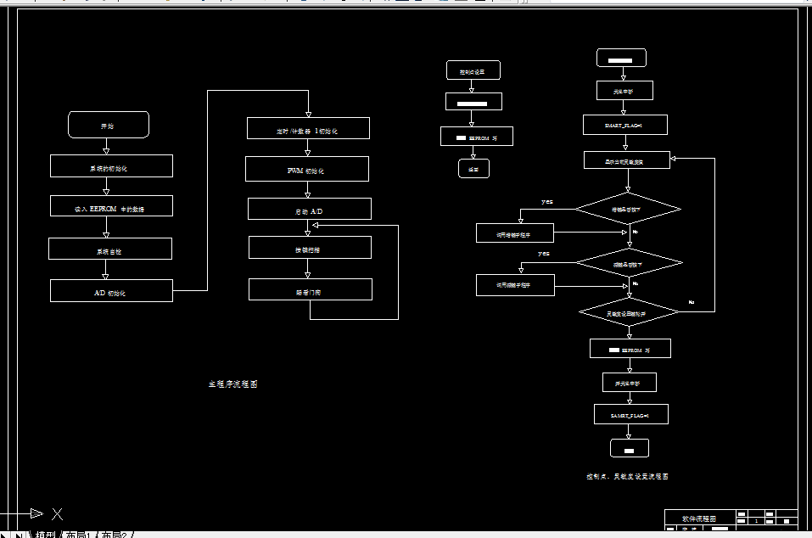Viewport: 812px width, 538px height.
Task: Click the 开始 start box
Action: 109,125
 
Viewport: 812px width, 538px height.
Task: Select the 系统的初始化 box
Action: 111,166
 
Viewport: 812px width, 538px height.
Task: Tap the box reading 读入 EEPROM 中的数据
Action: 111,206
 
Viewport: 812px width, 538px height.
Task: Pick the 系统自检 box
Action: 110,249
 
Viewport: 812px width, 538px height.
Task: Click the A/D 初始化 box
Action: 111,291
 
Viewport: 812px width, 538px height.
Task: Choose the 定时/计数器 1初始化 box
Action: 308,129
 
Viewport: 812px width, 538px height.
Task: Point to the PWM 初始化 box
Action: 307,170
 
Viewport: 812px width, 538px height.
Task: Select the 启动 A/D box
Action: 309,209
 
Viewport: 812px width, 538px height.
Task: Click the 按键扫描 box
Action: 310,248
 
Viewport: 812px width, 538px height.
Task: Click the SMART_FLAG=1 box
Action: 624,125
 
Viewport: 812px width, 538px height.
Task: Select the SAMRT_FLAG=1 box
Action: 630,414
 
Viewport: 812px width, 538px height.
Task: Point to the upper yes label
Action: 547,202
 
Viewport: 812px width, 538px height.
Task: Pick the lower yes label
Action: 544,253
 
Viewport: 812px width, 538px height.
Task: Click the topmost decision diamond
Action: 628,208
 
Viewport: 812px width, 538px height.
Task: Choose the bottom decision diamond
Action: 629,313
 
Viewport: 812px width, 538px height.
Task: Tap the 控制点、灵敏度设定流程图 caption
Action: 627,477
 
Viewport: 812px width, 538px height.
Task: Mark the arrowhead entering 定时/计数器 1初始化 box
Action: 308,115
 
